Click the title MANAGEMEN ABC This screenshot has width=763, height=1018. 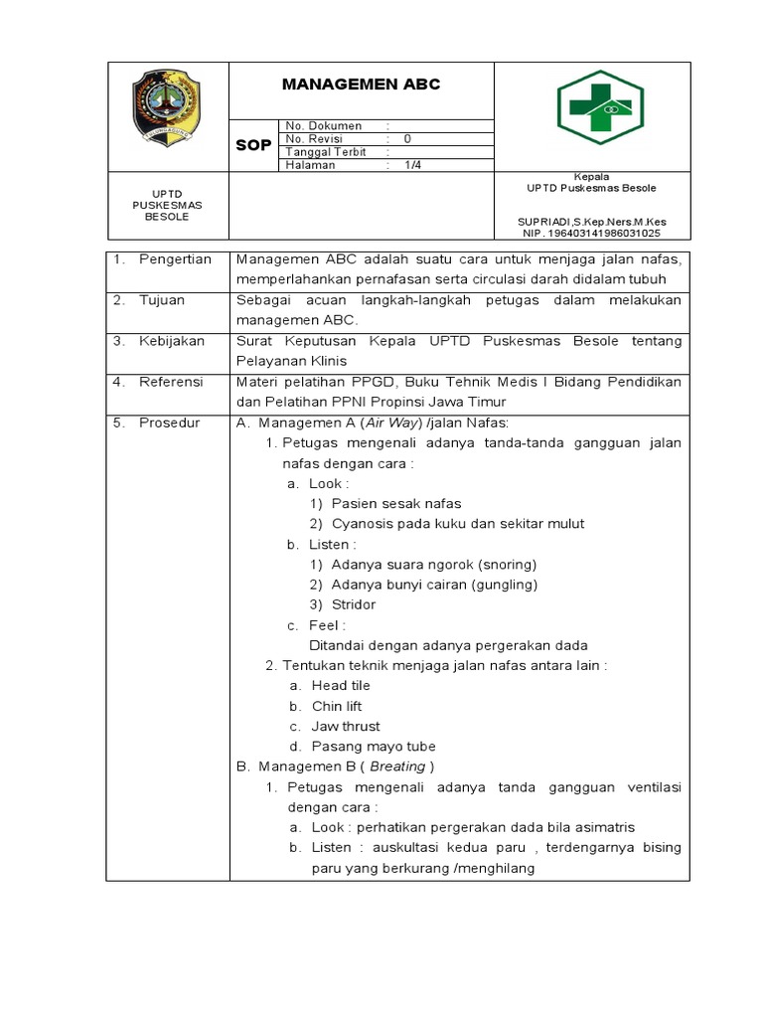[361, 85]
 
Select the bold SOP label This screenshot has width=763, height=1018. [253, 146]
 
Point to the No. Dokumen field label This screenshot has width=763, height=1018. [323, 126]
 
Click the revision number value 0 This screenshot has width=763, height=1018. [407, 139]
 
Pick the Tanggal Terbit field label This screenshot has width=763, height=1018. [326, 152]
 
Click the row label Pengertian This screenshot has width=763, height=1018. [175, 259]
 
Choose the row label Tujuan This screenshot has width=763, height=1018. [162, 300]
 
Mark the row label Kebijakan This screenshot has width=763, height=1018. [172, 341]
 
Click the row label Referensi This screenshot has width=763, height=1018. [171, 382]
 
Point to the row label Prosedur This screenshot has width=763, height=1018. [169, 423]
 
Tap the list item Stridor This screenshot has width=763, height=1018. [354, 604]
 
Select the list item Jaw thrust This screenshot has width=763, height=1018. [346, 726]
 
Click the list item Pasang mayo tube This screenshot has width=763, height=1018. [374, 747]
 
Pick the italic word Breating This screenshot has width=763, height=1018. [397, 766]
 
